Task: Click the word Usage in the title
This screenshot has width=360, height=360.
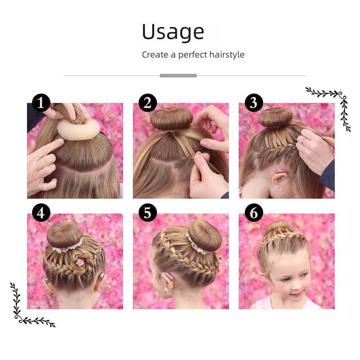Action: coord(173,32)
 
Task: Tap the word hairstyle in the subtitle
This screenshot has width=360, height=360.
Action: coord(227,55)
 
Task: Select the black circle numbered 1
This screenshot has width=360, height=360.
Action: coord(41,103)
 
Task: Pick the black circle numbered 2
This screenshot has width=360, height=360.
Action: coord(148,103)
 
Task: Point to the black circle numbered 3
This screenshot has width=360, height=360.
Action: coord(254,103)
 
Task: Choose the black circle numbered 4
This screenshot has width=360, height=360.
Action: coord(41,213)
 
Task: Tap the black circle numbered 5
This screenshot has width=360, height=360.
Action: coord(148,213)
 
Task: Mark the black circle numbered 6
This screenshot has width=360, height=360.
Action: coord(254,213)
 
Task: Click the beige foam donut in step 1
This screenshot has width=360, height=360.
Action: coord(78,130)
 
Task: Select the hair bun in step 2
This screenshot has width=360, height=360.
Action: coord(171,119)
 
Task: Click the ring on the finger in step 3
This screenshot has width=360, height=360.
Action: coord(304,140)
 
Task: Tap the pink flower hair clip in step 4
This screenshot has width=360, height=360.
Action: coord(80,262)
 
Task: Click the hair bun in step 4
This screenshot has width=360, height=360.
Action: coord(65,235)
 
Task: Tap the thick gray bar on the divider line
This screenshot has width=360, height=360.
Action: coord(178,76)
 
